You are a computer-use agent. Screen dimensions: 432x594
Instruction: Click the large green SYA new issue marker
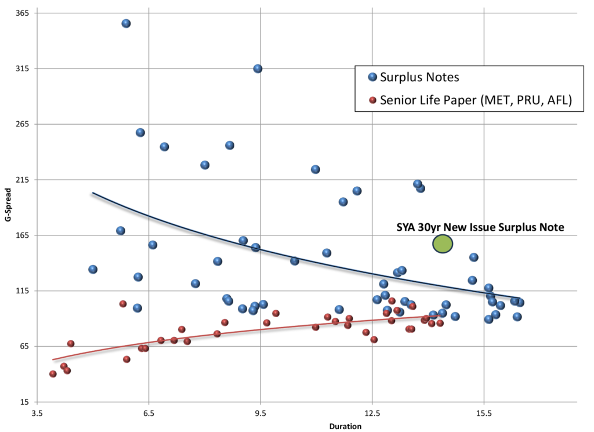tap(443, 244)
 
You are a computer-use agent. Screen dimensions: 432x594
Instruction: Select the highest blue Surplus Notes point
tap(126, 23)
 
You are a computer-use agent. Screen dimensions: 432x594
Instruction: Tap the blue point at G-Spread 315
tap(258, 68)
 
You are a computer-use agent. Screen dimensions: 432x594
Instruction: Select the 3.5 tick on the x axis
tap(37, 413)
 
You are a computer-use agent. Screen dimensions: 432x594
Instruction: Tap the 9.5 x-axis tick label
tap(260, 413)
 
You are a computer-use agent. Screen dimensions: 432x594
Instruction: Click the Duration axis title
tap(346, 426)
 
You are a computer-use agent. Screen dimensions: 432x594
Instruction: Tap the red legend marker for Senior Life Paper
tap(372, 100)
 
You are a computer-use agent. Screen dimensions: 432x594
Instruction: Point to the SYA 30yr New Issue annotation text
tap(476, 227)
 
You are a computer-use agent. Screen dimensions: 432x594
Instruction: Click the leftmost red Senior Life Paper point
tap(53, 374)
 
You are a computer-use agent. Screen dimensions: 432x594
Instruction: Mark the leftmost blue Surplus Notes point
tap(93, 269)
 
